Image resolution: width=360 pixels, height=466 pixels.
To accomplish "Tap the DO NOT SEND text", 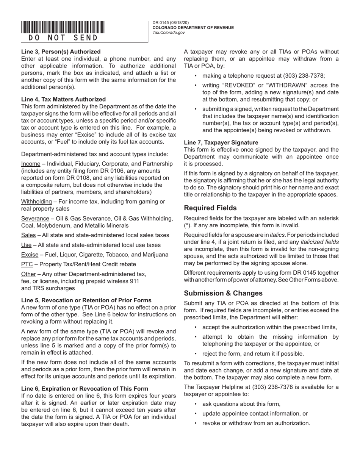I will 63,38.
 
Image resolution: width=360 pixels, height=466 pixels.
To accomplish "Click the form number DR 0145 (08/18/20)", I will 171,23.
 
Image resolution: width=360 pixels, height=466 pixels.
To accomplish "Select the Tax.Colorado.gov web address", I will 169,33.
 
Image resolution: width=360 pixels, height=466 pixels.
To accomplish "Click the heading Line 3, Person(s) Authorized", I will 61,52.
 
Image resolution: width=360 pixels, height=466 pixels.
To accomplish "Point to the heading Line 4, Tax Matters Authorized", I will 63,99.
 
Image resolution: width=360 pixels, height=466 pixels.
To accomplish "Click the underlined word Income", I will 31,164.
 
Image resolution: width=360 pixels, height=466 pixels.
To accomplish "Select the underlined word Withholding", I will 36,202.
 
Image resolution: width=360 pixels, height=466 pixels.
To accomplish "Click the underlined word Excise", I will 30,255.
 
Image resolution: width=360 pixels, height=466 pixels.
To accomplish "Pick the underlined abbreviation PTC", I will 27,264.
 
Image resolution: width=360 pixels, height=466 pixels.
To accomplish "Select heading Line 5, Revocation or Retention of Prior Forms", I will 86,300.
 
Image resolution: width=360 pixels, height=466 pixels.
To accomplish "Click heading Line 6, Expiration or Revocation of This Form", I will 85,388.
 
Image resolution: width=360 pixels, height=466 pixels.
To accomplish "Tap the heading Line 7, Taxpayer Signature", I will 221,142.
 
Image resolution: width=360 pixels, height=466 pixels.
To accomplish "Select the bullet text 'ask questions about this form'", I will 241,404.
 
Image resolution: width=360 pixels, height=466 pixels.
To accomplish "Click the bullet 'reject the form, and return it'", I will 253,353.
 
